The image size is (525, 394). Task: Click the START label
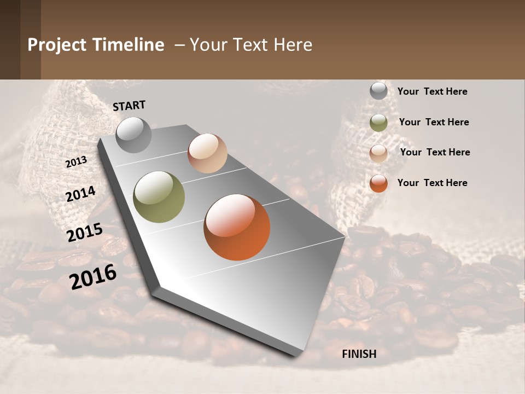point(129,106)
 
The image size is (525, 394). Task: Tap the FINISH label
point(359,354)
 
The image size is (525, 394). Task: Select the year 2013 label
point(76,162)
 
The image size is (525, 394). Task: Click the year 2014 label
point(81,194)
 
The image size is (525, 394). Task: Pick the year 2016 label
point(93,276)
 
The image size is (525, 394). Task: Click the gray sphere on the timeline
point(133,135)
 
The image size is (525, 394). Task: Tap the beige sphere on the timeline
point(207,153)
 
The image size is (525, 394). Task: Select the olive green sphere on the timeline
point(159,197)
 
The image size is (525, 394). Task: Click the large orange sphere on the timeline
point(237,227)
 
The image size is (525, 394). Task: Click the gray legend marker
point(378,91)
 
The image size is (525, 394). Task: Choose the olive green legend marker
point(378,123)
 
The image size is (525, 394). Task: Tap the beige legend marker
point(378,153)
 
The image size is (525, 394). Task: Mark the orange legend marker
point(378,183)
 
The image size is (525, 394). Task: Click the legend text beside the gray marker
point(432,91)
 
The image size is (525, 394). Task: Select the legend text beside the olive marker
point(434,122)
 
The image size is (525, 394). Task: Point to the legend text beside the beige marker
point(435,152)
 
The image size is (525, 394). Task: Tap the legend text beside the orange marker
point(432,183)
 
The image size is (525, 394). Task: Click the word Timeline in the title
point(128,45)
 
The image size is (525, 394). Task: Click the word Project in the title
point(57,45)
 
